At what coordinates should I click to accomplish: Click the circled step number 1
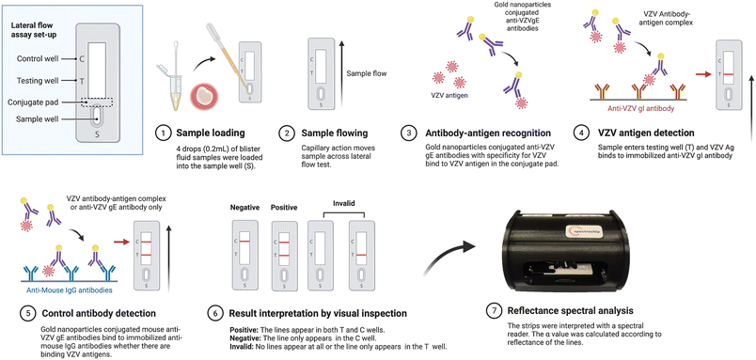[163, 133]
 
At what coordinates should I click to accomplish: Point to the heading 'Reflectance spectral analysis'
[567, 310]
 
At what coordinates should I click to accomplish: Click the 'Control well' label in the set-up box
[38, 59]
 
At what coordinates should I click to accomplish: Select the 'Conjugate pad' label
[33, 102]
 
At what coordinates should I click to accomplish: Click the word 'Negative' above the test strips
[244, 207]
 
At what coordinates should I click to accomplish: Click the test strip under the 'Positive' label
[282, 256]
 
